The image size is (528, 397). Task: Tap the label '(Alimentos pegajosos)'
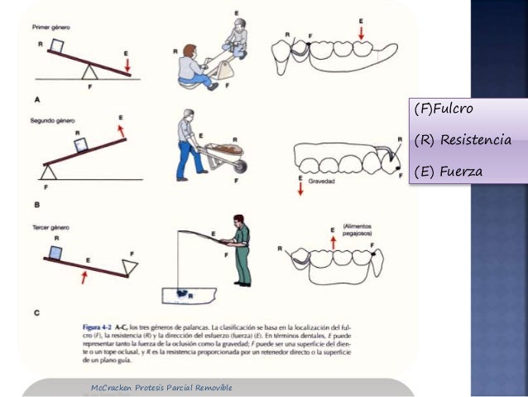[362, 225]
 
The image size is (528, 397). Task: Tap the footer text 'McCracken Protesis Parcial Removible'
[161, 387]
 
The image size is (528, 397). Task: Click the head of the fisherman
[238, 221]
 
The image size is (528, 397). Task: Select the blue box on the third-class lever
[55, 251]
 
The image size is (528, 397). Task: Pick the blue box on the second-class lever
[81, 144]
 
